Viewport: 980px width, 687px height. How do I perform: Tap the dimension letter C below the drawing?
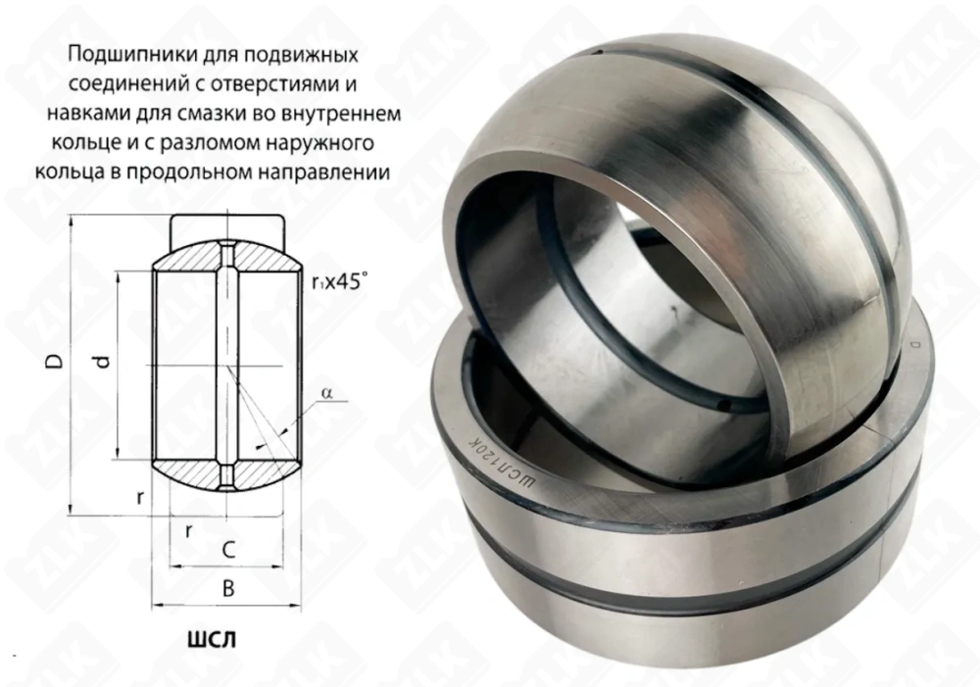click(227, 552)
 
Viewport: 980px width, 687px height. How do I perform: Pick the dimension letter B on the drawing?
click(227, 589)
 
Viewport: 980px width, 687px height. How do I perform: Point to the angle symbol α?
click(326, 394)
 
